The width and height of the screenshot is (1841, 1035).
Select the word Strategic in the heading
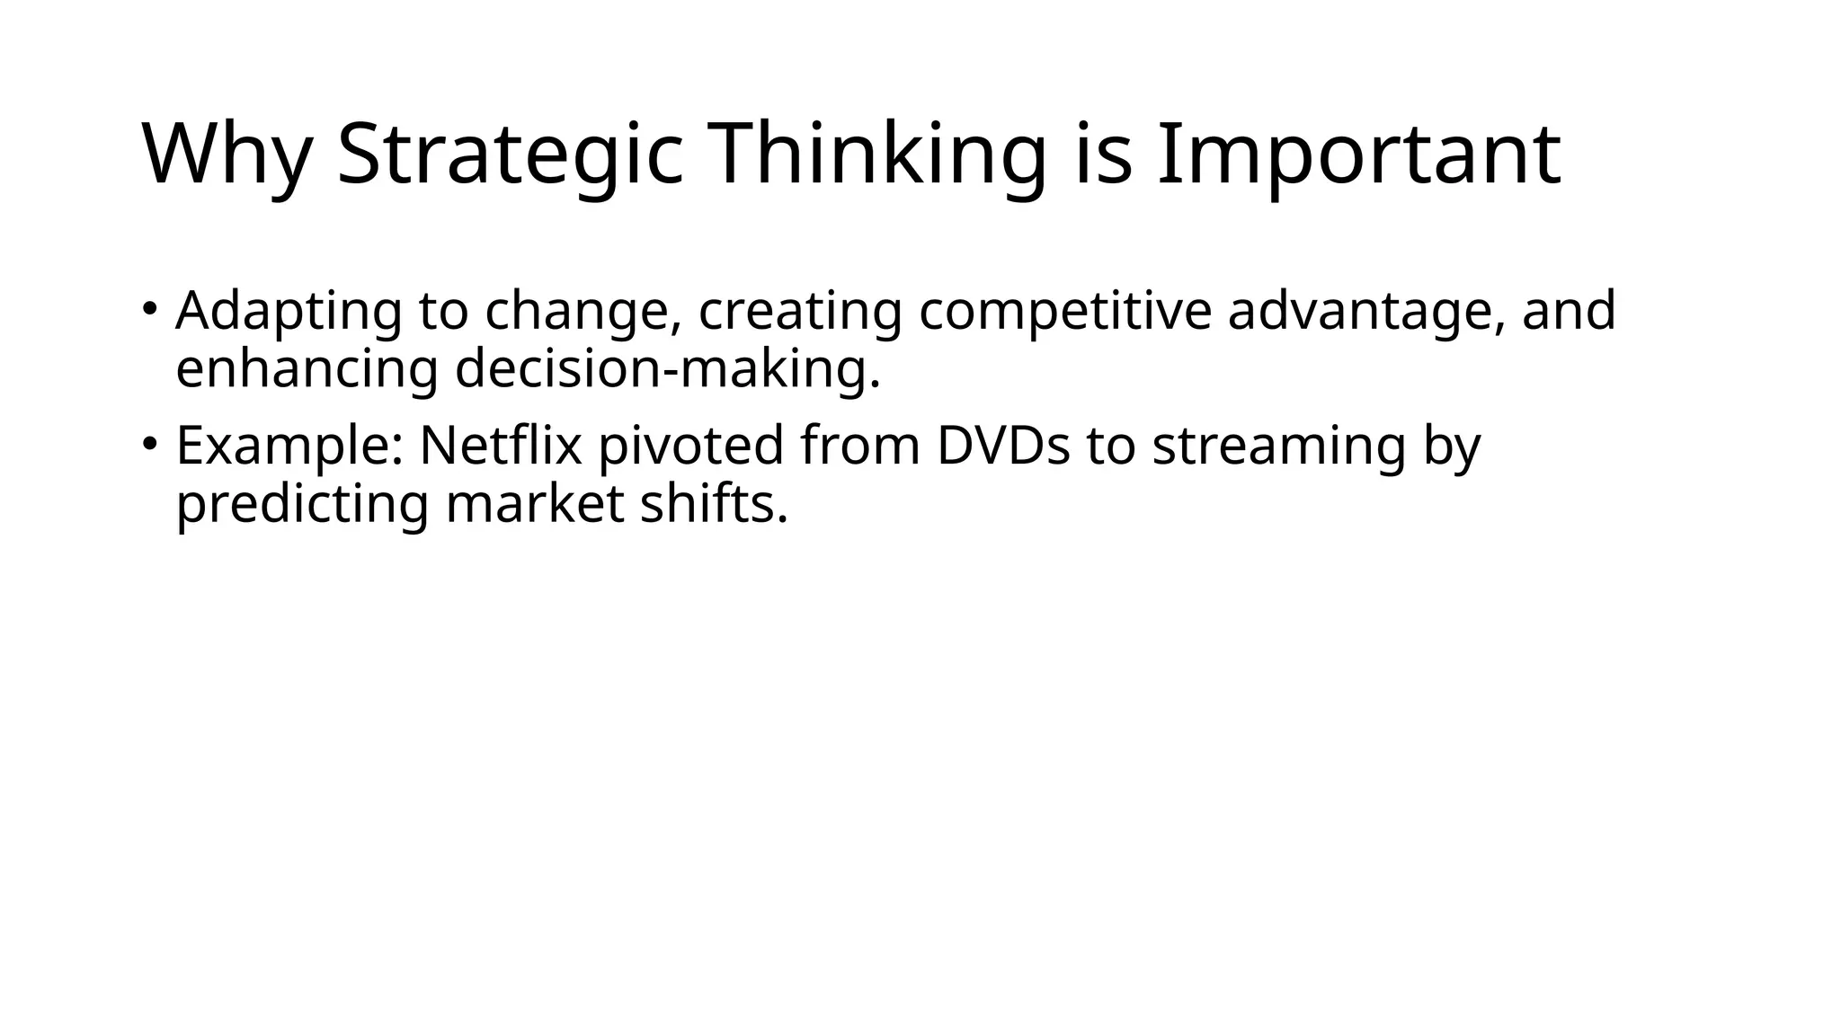tap(510, 155)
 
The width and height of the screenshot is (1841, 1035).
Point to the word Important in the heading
tap(1358, 155)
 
